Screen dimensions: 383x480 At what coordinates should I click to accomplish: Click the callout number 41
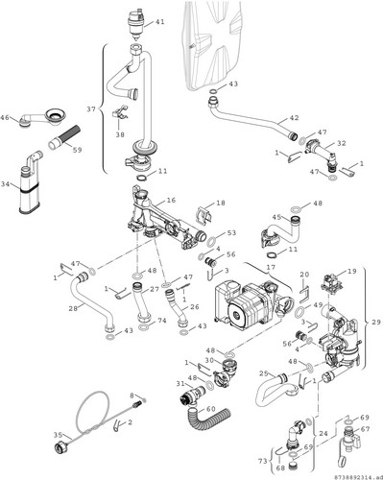click(x=159, y=22)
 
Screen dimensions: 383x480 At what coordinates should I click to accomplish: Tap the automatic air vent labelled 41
click(x=136, y=24)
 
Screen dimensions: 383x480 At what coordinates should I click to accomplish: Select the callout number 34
click(x=5, y=184)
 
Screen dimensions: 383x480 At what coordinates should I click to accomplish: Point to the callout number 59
click(x=77, y=150)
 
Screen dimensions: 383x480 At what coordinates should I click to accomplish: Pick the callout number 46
click(x=5, y=117)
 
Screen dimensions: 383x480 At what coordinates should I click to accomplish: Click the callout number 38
click(x=120, y=134)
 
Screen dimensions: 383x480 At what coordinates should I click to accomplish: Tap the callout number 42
click(x=294, y=118)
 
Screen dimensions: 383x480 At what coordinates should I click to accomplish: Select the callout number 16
click(x=172, y=200)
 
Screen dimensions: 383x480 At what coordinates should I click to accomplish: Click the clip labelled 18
click(x=203, y=214)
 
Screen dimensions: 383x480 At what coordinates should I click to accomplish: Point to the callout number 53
click(x=231, y=232)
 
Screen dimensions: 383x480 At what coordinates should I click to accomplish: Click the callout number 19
click(x=352, y=272)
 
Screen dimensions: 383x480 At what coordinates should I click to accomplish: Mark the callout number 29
click(x=376, y=323)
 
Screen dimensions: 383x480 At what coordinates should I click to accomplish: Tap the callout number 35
click(x=58, y=435)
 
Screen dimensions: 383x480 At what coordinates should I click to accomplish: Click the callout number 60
click(x=211, y=409)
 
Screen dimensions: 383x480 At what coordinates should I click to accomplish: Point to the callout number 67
click(x=365, y=428)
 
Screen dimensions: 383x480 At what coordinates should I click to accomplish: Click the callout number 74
click(x=162, y=321)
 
